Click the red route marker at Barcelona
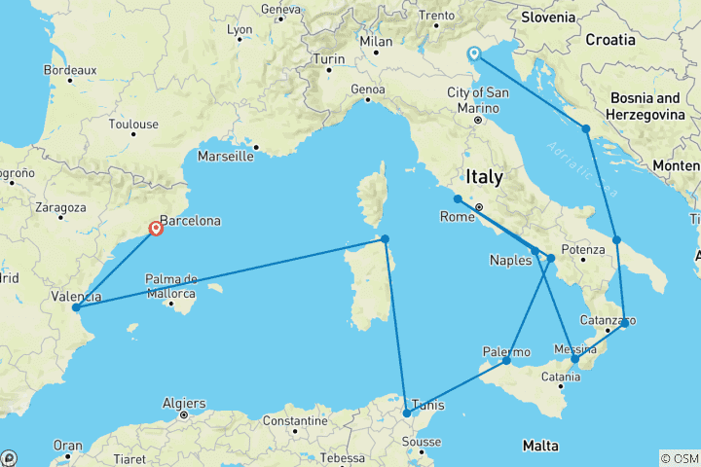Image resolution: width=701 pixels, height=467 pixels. tap(156, 230)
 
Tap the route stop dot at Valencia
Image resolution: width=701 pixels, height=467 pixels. tap(75, 308)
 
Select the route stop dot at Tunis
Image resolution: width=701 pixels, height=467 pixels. tap(407, 413)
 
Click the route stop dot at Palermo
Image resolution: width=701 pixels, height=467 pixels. tap(506, 361)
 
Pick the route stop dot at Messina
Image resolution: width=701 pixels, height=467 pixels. tap(574, 360)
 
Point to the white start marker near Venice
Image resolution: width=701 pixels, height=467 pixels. tap(474, 54)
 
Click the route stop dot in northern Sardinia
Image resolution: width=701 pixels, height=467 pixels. tap(386, 239)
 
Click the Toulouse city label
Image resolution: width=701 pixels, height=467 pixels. tap(133, 125)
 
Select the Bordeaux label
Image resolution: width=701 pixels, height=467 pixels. tap(70, 70)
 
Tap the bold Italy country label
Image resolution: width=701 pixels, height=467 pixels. tap(484, 178)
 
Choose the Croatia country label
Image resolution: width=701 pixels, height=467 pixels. tap(610, 40)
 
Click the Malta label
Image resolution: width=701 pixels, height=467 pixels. tap(539, 446)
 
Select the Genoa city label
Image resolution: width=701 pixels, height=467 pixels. tap(368, 90)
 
